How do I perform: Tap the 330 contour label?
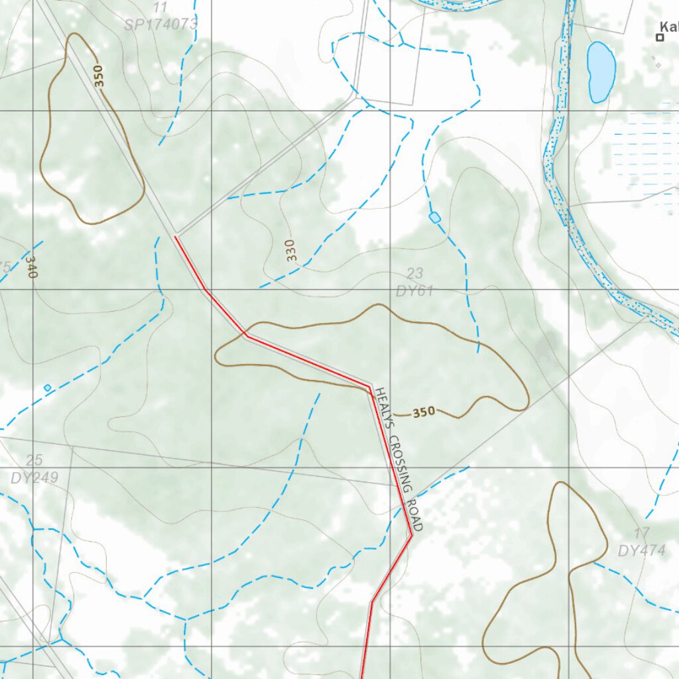tap(291, 249)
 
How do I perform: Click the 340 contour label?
tap(31, 267)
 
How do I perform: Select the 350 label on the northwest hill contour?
tap(99, 76)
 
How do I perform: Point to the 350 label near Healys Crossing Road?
tap(424, 412)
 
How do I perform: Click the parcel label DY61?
tap(414, 290)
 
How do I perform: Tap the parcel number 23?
tap(414, 273)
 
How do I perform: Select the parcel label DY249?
tap(34, 477)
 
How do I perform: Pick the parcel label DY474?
tap(641, 550)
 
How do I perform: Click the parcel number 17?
tap(641, 533)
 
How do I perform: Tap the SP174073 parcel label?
tap(160, 25)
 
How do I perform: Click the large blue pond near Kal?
tap(601, 72)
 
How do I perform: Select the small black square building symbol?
tap(660, 38)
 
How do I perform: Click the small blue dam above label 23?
tap(435, 217)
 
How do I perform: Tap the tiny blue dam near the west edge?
tap(47, 387)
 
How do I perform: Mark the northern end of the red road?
tap(175, 237)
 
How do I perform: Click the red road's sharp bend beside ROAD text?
tap(411, 534)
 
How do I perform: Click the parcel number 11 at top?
tap(160, 8)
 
